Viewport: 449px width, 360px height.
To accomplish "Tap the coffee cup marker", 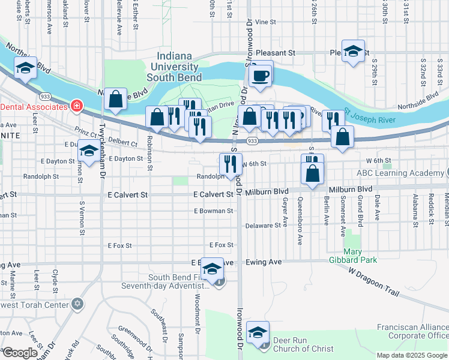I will point(261,76).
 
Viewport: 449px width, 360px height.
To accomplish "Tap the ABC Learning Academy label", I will point(400,173).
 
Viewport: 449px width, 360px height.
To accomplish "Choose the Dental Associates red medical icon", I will point(76,107).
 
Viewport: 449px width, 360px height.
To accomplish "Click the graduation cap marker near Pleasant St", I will point(354,51).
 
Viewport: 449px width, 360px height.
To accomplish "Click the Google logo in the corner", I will point(20,353).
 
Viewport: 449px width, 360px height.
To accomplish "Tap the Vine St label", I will point(265,22).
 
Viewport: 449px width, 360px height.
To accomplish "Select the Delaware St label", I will point(263,226).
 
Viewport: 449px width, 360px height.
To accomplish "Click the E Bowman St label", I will point(213,211).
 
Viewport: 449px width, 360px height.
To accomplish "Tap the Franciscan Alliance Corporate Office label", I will point(412,331).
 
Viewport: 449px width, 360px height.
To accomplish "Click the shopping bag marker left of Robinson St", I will point(115,100).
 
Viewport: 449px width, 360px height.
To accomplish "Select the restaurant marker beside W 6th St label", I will point(230,163).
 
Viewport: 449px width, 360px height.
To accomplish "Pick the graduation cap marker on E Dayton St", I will point(89,152).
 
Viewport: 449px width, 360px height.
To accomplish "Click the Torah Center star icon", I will point(77,304).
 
